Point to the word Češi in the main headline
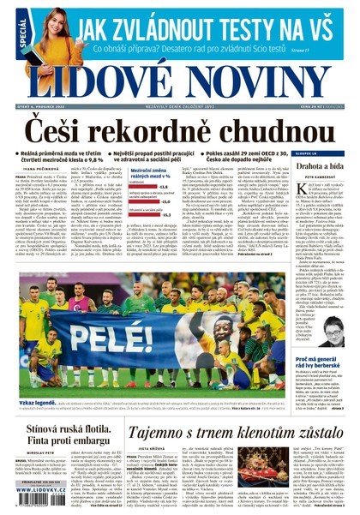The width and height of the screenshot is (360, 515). coord(68,130)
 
